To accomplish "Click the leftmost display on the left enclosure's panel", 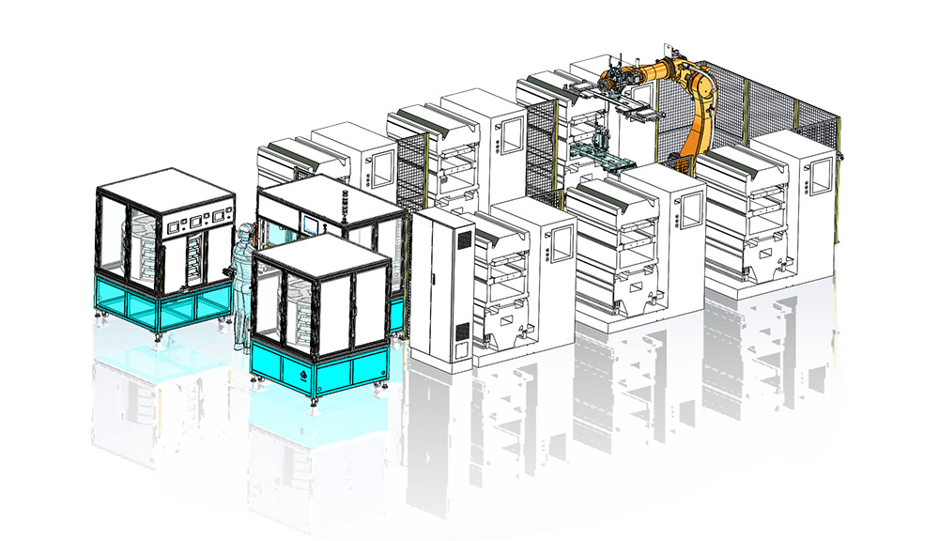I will pyautogui.click(x=175, y=226).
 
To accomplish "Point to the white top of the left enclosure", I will pyautogui.click(x=164, y=186).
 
